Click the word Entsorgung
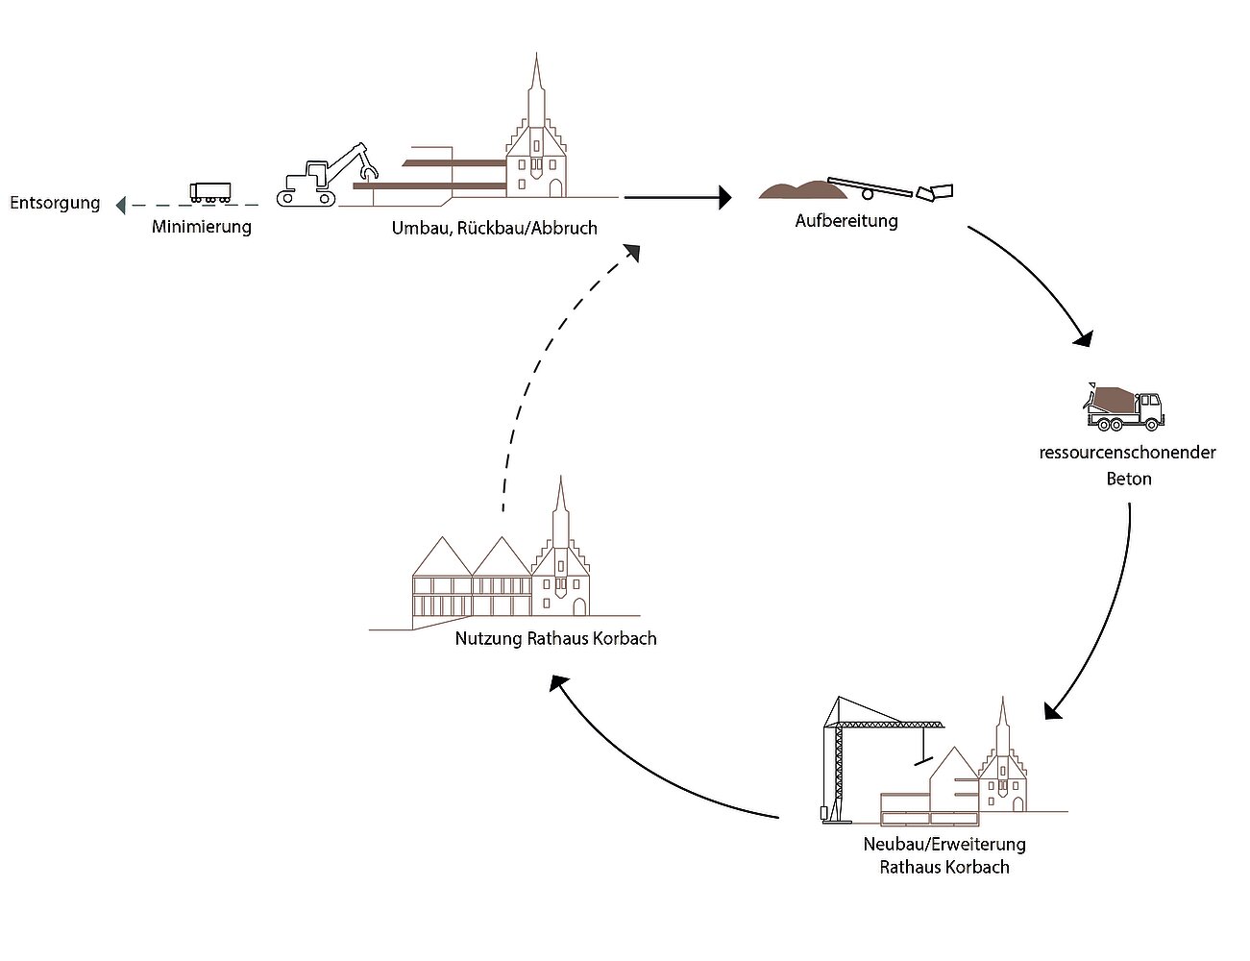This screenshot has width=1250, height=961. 55,203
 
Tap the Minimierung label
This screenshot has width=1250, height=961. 202,227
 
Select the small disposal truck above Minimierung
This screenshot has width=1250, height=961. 210,192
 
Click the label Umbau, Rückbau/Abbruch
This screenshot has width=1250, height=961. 494,228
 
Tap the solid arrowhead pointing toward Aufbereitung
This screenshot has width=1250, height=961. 724,198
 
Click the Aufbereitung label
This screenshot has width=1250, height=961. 846,221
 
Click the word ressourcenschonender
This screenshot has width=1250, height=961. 1127,453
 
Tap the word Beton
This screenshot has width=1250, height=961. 1128,479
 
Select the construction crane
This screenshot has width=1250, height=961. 846,759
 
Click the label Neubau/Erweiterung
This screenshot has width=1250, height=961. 944,845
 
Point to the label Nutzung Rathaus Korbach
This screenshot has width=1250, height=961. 555,638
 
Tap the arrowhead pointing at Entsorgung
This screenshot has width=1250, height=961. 120,205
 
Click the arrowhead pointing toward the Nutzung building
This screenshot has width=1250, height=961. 558,683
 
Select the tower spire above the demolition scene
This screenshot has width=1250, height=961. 536,82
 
